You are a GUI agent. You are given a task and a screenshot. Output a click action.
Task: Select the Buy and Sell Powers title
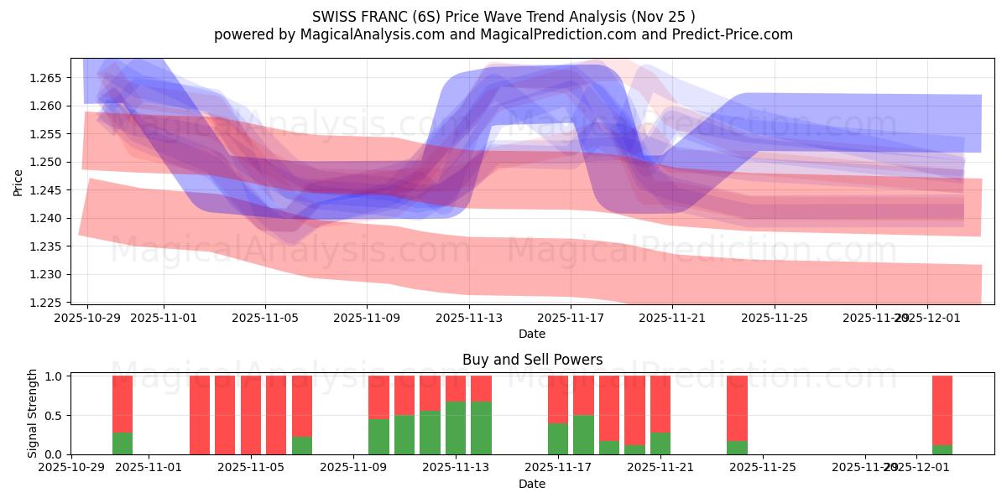click(532, 360)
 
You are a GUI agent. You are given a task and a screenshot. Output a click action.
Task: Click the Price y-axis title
click(18, 182)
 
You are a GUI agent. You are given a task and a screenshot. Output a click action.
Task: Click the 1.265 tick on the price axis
click(44, 78)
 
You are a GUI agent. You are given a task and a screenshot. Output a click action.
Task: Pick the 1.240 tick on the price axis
click(44, 218)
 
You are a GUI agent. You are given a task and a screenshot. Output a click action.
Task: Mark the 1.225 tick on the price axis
click(44, 303)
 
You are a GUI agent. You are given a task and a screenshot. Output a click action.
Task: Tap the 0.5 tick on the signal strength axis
click(54, 416)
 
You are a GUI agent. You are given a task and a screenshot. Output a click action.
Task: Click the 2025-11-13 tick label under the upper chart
click(469, 319)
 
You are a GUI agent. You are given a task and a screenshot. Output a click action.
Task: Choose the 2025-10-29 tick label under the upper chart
click(87, 319)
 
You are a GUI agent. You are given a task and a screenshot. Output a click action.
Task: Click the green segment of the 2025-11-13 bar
click(456, 428)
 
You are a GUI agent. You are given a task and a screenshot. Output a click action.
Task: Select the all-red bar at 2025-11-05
click(251, 415)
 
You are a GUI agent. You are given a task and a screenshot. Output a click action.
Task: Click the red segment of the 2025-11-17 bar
click(558, 399)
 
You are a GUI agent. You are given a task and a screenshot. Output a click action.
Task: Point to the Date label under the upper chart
click(532, 334)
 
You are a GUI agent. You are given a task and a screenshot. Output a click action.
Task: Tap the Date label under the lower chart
click(532, 484)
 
